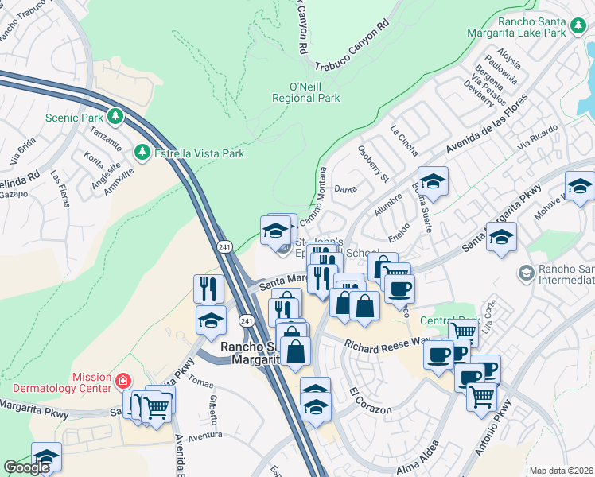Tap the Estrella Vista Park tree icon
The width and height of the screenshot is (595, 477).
142,151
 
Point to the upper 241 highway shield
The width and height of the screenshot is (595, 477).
225,247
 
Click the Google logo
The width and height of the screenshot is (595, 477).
27,467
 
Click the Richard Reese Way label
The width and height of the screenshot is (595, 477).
387,343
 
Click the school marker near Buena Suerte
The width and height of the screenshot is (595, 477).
432,182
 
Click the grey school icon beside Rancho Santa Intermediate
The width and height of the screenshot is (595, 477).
525,273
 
